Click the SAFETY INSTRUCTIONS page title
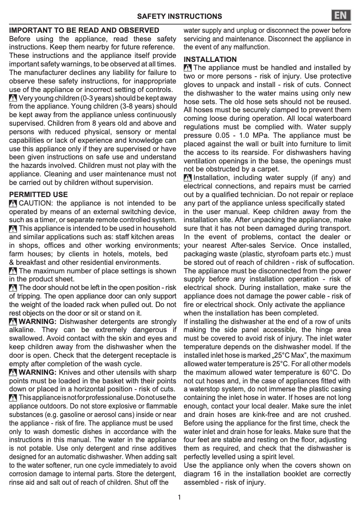pos(180,17)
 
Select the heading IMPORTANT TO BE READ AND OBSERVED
pos(84,31)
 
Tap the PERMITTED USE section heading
pos(39,195)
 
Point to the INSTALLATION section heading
pos(210,59)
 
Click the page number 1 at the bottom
pos(179,497)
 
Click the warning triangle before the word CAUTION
pos(13,203)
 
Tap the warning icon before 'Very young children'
pos(13,98)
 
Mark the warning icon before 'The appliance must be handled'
pos(188,68)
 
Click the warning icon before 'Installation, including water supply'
pos(188,178)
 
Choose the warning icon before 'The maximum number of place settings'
pos(13,271)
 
